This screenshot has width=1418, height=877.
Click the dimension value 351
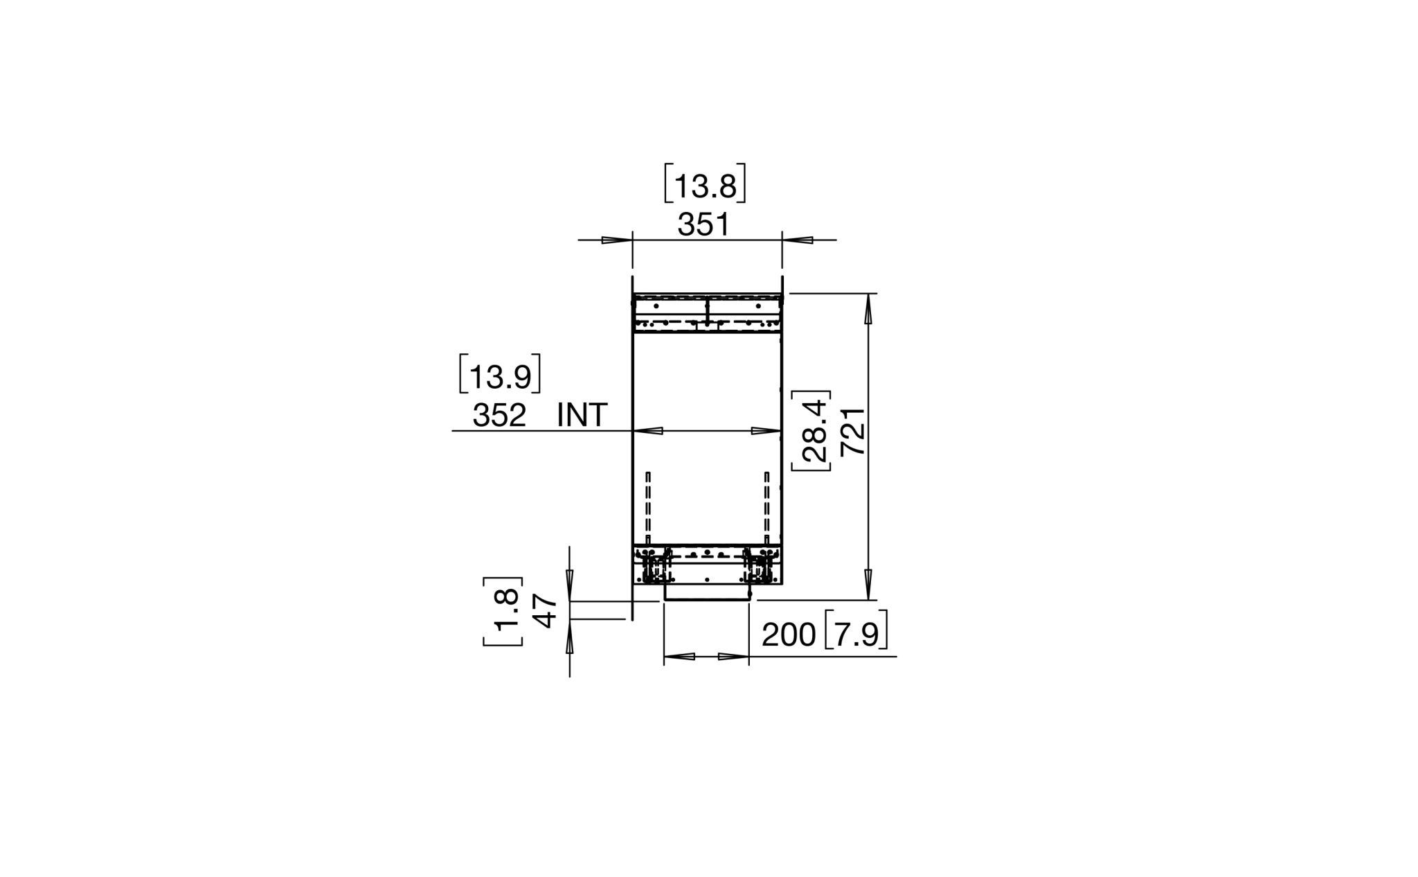[703, 225]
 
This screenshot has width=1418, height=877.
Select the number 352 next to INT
[499, 416]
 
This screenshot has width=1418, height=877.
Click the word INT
[582, 416]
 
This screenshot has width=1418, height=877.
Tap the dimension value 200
[789, 635]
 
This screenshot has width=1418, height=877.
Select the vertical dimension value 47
[546, 611]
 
